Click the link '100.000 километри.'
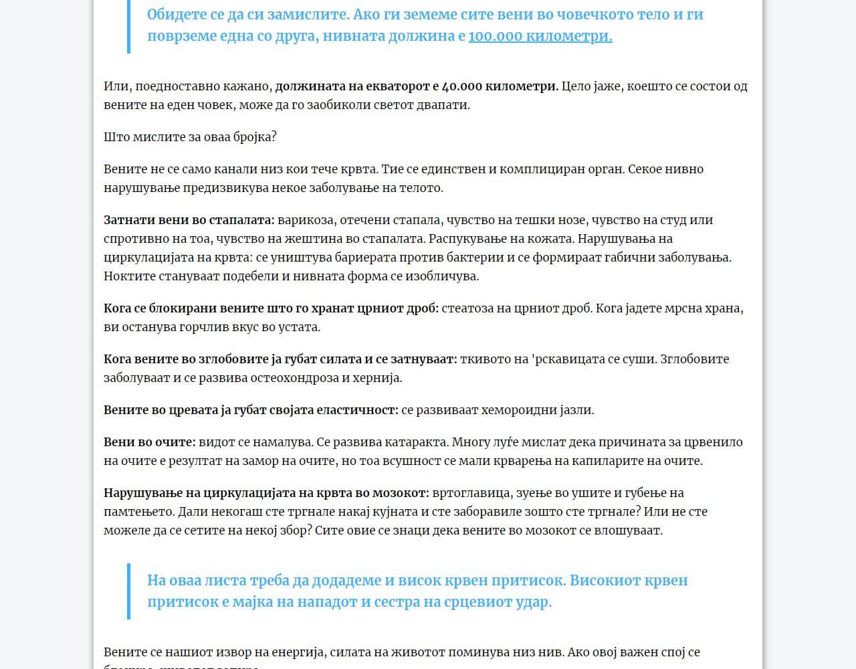[x=540, y=36]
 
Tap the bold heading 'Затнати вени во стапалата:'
[x=189, y=220]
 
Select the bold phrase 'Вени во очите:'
[x=150, y=442]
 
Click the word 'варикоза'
[x=305, y=220]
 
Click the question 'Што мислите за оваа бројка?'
[x=190, y=137]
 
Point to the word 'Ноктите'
[x=128, y=276]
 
